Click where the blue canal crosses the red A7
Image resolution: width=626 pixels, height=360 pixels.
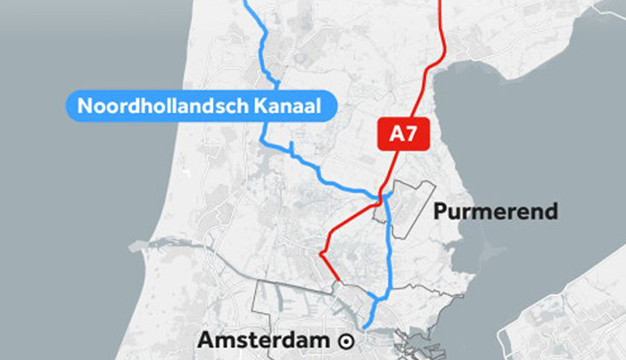coord(383,195)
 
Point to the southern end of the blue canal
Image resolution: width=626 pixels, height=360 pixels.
coord(366,326)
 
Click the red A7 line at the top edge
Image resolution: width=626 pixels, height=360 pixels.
coord(441,3)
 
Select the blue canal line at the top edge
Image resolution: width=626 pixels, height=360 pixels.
coord(247,3)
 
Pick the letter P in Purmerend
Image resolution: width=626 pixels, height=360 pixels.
coord(439,212)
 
